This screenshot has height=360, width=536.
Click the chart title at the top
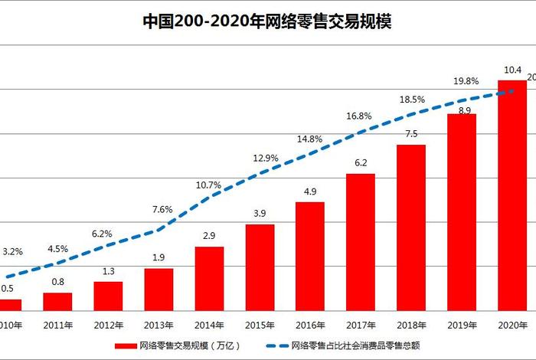click(x=267, y=21)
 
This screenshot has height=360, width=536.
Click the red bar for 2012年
click(x=108, y=296)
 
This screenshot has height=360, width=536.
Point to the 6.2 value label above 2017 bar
click(x=361, y=163)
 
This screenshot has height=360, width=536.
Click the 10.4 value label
click(x=511, y=70)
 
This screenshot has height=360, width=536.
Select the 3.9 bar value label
click(x=260, y=213)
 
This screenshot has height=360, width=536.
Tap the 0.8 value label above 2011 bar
click(x=57, y=282)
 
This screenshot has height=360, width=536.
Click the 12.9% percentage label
click(x=266, y=158)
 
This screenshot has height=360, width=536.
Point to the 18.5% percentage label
click(x=411, y=100)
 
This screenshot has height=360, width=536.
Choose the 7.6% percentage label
click(x=162, y=210)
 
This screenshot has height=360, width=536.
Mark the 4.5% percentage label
click(x=57, y=248)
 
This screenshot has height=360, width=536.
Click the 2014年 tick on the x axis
click(x=209, y=325)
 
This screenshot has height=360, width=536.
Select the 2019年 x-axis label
click(x=461, y=325)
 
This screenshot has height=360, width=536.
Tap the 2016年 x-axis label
click(x=310, y=325)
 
